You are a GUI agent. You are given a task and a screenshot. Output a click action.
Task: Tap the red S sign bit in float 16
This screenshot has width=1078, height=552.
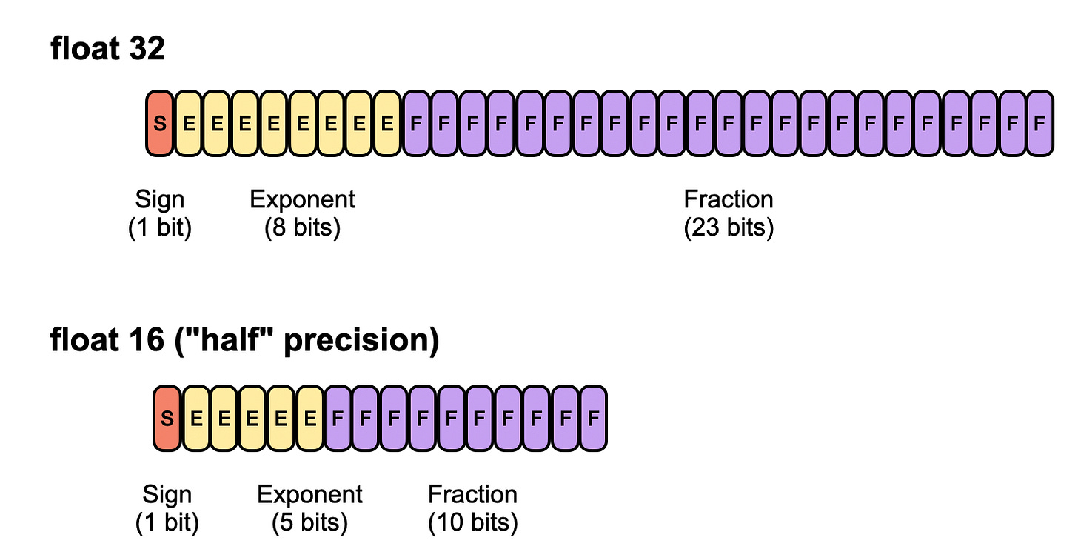(167, 419)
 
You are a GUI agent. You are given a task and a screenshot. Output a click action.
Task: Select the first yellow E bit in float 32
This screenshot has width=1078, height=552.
(189, 123)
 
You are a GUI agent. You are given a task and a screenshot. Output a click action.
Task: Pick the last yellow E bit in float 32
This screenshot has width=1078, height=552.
(387, 123)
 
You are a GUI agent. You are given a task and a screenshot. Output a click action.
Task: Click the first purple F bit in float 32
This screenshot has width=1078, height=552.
(416, 123)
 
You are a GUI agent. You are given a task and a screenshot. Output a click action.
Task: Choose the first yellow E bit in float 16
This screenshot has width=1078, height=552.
(196, 419)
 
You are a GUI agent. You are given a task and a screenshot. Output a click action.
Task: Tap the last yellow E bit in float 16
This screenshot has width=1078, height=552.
(310, 419)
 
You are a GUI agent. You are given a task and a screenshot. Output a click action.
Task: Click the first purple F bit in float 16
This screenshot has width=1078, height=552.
(338, 419)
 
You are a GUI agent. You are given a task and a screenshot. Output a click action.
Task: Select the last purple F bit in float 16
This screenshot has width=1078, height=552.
(593, 419)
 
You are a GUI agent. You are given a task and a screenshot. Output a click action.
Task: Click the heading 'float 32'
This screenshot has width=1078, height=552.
(107, 50)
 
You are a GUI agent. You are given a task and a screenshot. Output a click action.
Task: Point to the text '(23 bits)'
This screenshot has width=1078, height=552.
(729, 227)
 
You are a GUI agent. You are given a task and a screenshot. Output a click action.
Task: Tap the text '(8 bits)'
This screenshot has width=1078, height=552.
(302, 227)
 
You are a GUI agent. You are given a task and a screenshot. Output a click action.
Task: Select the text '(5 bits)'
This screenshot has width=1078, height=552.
(309, 522)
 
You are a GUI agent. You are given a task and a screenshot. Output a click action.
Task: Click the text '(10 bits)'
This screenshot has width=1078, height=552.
(472, 522)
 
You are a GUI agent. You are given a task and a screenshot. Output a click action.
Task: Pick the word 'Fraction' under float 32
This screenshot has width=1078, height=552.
(729, 199)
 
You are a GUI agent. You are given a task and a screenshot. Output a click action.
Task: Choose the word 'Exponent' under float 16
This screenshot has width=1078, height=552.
(309, 494)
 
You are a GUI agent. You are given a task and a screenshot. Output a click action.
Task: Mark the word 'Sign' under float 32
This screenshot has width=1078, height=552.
(160, 199)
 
